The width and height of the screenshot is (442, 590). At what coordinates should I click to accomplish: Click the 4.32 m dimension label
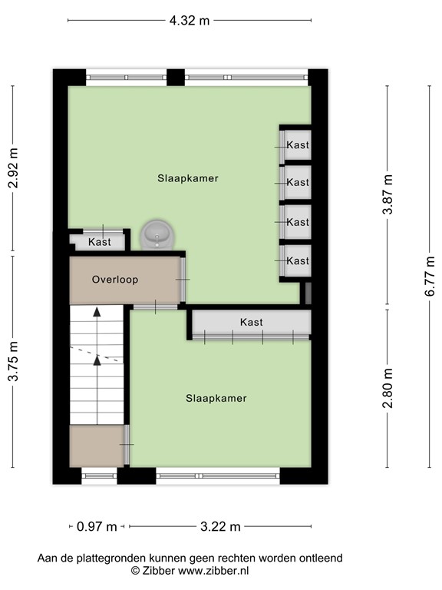point(190,21)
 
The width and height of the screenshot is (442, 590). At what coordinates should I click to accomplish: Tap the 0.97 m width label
point(97,526)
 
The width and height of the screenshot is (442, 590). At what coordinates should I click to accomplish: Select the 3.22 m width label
point(220,526)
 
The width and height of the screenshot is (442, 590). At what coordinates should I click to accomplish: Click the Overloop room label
point(115,280)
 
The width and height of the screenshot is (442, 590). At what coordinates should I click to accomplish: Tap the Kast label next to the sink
point(99,242)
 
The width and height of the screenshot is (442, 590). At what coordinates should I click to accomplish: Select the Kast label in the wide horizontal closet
point(251,322)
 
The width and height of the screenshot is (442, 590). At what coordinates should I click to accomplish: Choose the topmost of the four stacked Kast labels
point(298,144)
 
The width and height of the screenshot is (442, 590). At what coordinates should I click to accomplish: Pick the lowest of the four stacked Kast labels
point(298,261)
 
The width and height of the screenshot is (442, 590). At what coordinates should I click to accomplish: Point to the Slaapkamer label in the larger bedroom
point(188,178)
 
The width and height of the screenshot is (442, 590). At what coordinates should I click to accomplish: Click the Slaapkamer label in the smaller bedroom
point(216,398)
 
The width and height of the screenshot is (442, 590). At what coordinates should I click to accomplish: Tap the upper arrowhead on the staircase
point(97,312)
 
